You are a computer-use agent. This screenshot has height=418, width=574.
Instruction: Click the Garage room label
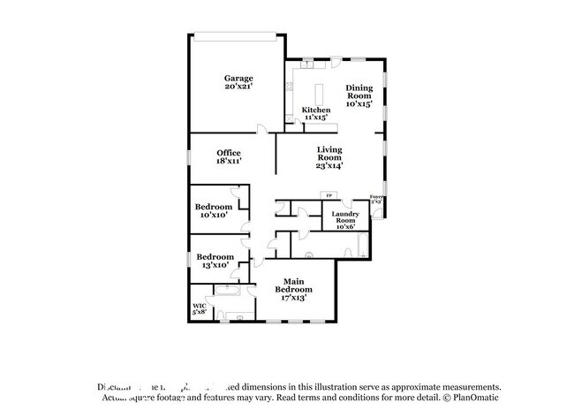tap(238, 79)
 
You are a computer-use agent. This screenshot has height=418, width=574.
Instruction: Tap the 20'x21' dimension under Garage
tap(238, 88)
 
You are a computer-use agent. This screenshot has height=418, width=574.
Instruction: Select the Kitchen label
tap(315, 110)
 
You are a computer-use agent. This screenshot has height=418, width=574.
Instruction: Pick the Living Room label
tap(329, 156)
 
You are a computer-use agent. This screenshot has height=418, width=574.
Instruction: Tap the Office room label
tap(229, 153)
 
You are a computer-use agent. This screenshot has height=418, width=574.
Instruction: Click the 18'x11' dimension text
tap(229, 162)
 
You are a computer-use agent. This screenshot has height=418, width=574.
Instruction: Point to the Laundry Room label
tap(344, 219)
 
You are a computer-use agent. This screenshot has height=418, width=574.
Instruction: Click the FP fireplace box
tap(329, 195)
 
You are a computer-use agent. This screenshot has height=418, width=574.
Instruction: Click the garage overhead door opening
tap(240, 36)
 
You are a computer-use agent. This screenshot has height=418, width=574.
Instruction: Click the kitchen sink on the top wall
tap(307, 63)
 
